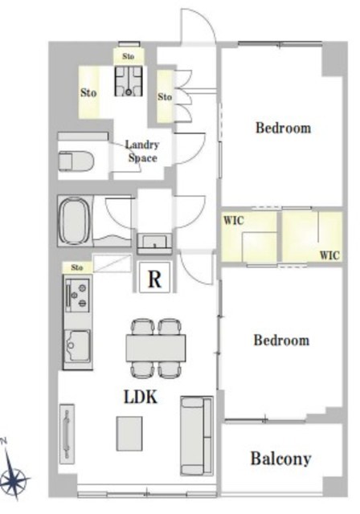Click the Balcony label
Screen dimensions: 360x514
point(280,459)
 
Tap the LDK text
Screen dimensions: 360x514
point(141,397)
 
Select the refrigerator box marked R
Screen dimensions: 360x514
point(155,276)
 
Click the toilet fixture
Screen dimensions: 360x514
point(76,161)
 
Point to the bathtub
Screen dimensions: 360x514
point(74,221)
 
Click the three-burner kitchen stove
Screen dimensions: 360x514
point(78,295)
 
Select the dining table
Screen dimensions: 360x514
point(156,348)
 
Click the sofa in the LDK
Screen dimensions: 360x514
point(196,435)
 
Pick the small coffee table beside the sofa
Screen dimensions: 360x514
point(129,434)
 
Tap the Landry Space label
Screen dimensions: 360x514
point(142,152)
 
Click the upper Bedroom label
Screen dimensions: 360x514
point(284,128)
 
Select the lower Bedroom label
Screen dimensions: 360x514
point(281,341)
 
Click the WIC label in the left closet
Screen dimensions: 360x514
point(234,220)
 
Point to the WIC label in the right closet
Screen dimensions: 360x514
point(329,255)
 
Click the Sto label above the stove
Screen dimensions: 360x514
point(77,267)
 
